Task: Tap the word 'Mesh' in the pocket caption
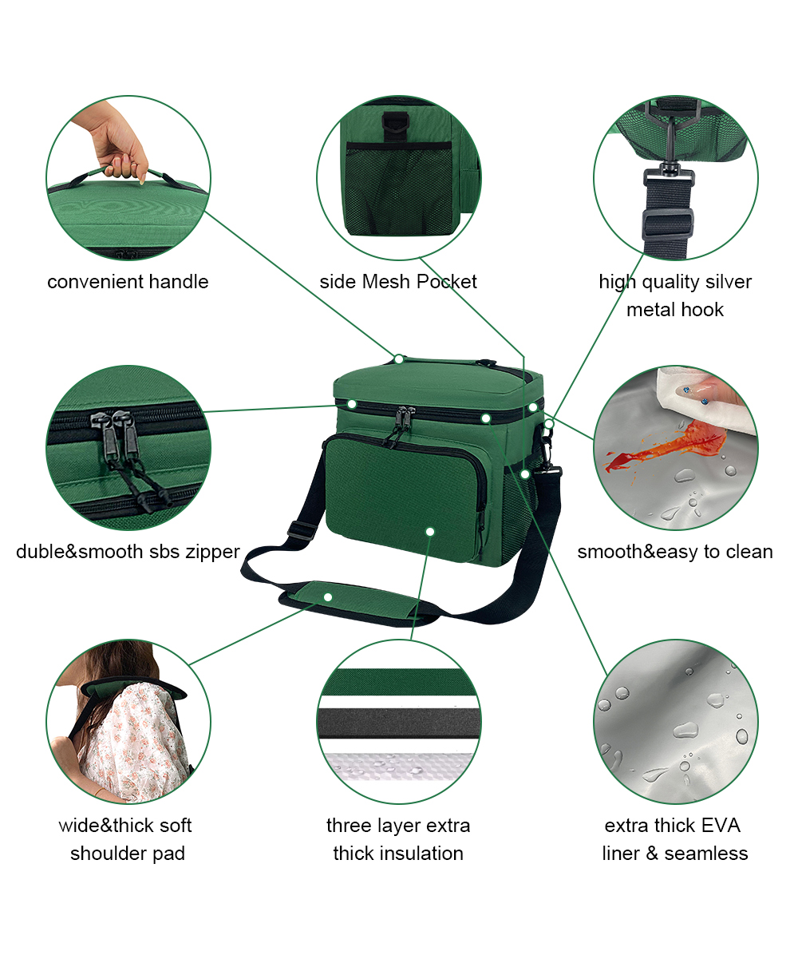pos(386,281)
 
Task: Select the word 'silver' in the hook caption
pos(728,281)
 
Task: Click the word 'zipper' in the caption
pos(212,552)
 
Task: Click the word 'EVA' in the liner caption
pos(721,826)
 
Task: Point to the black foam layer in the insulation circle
pos(399,723)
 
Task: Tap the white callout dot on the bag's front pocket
pos(430,532)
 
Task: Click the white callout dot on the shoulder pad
pos(328,597)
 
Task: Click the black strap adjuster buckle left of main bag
pos(300,529)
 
